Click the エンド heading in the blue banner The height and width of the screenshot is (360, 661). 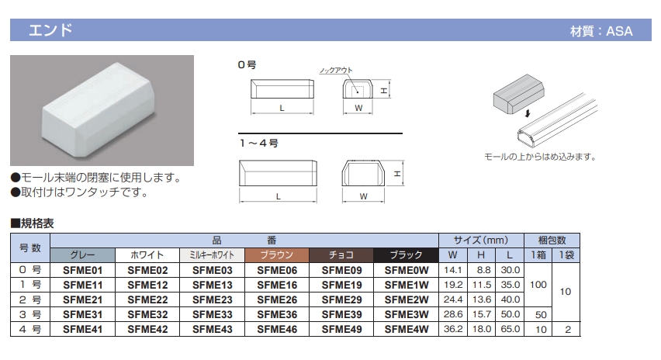(x=50, y=30)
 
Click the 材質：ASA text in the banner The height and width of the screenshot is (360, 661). (x=601, y=31)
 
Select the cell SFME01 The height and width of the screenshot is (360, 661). (x=82, y=270)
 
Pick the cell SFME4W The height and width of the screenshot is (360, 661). (x=407, y=329)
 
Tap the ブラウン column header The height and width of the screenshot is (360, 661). (x=277, y=255)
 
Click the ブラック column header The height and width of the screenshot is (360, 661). (x=407, y=255)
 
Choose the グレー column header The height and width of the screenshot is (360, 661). (x=82, y=255)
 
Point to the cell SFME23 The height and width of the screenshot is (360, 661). (x=212, y=299)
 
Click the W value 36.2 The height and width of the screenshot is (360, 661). (x=453, y=329)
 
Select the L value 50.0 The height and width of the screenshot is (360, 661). (x=510, y=314)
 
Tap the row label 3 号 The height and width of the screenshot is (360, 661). (x=30, y=314)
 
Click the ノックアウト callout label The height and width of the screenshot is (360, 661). (x=336, y=71)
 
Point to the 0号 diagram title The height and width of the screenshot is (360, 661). (x=247, y=64)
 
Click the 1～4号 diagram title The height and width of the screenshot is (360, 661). (x=259, y=143)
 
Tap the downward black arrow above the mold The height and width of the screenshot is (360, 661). (x=528, y=113)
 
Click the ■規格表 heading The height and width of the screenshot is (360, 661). (x=33, y=223)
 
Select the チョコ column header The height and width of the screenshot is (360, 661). (x=341, y=255)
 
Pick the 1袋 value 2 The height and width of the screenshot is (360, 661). (x=568, y=329)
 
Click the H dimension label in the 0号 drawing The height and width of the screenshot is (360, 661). (x=383, y=91)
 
